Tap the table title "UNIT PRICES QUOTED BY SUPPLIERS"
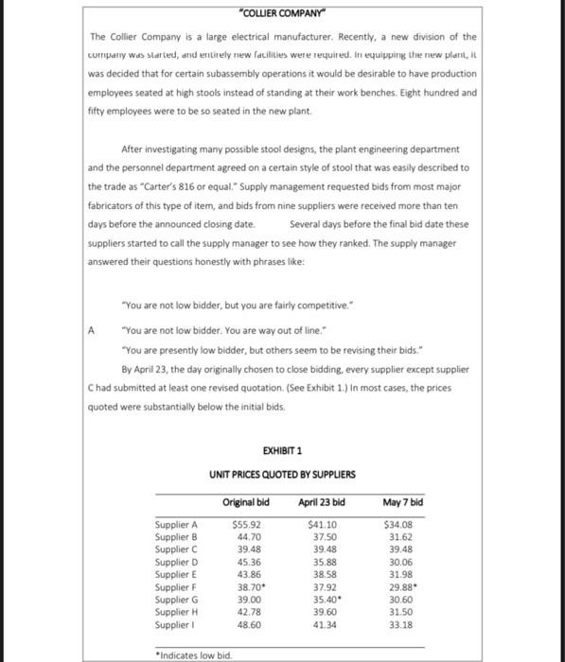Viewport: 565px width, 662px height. (x=283, y=475)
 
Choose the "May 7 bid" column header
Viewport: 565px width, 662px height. (x=403, y=501)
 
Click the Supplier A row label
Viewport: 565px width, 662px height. (x=176, y=524)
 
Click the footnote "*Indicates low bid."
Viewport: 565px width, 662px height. (x=192, y=653)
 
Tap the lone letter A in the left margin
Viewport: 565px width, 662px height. (x=92, y=331)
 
